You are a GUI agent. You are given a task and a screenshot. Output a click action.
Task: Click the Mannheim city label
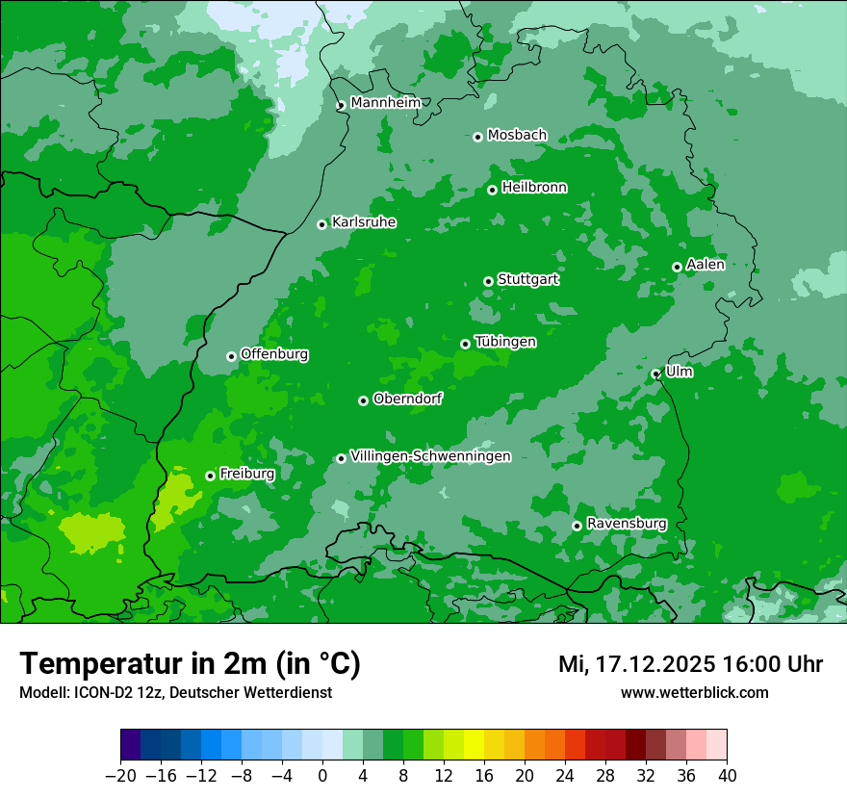pyautogui.click(x=385, y=103)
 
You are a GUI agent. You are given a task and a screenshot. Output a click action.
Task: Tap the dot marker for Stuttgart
pyautogui.click(x=488, y=281)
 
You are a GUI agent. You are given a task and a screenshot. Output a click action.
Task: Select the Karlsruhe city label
pyautogui.click(x=363, y=222)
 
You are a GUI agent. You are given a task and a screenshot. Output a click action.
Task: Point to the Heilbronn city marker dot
pyautogui.click(x=492, y=190)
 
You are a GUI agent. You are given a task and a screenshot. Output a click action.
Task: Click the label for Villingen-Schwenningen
pyautogui.click(x=430, y=456)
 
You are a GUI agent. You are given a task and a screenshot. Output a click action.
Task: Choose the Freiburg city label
pyautogui.click(x=246, y=474)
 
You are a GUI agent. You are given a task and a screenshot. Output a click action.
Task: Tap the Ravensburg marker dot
pyautogui.click(x=577, y=526)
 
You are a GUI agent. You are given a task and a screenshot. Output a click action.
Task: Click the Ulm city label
pyautogui.click(x=679, y=372)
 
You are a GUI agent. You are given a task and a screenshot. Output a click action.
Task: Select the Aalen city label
pyautogui.click(x=706, y=265)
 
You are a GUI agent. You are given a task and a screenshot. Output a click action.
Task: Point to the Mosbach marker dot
pyautogui.click(x=477, y=137)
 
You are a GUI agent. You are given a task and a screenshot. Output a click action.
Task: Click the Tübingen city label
pyautogui.click(x=505, y=342)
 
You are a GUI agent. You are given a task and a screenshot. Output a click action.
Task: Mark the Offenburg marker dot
pyautogui.click(x=231, y=356)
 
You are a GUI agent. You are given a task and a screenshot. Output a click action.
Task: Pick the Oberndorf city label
pyautogui.click(x=407, y=399)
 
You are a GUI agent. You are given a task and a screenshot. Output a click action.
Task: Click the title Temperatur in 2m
pyautogui.click(x=190, y=664)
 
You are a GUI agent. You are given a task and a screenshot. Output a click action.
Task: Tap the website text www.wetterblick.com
pyautogui.click(x=694, y=692)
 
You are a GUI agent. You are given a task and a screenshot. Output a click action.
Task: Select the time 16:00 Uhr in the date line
pyautogui.click(x=777, y=664)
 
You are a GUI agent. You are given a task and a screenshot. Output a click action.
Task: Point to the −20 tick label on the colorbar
pyautogui.click(x=120, y=776)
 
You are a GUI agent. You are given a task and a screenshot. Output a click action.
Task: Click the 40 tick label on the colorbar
pyautogui.click(x=727, y=776)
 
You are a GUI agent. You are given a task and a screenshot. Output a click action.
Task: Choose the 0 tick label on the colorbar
pyautogui.click(x=322, y=776)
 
